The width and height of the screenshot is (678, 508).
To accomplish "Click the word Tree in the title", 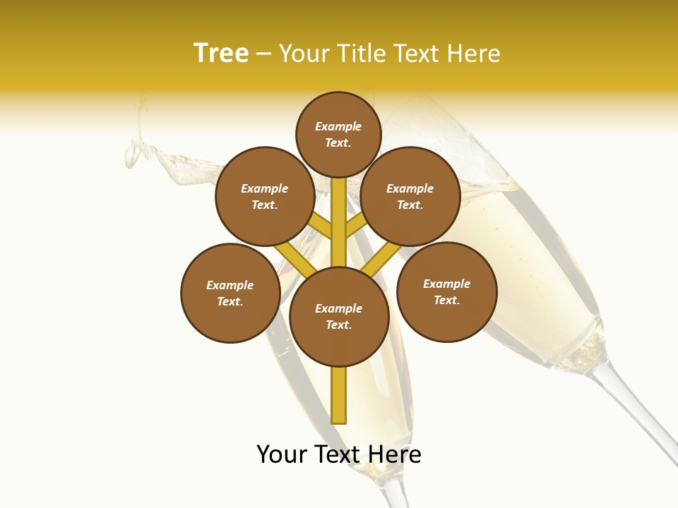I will click(221, 54).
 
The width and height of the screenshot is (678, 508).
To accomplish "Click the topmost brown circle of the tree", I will click(338, 134).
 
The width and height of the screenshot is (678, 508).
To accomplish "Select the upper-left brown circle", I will click(265, 196).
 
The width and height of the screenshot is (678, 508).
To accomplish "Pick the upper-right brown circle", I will click(410, 196).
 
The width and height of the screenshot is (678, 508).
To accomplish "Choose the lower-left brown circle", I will click(230, 293).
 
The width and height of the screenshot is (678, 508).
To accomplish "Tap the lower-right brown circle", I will click(446, 291).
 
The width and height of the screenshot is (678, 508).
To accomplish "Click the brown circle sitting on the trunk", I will click(339, 317).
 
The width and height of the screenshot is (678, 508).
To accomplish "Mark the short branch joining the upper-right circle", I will click(356, 226).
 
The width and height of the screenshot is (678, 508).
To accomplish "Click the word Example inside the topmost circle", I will click(338, 127).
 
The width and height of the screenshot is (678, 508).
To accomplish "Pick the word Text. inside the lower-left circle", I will click(230, 301).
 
